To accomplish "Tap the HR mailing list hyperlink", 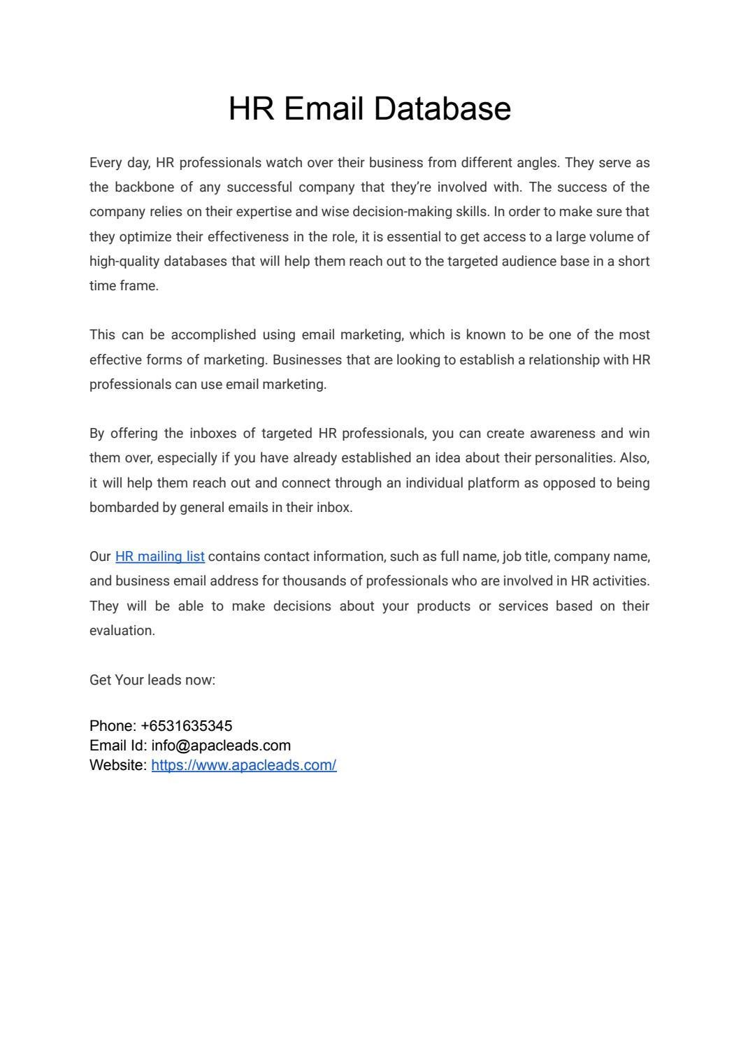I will click(159, 557).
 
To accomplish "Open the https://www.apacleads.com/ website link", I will click(243, 765).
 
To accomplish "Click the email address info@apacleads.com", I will click(220, 746).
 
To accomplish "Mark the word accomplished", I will click(213, 335).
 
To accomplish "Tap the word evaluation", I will click(122, 631).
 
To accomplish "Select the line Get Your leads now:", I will click(152, 681).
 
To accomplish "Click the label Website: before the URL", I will click(118, 765).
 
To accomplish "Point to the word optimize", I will click(145, 237).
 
